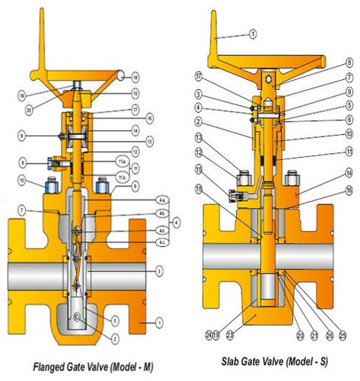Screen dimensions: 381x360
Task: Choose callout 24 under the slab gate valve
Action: (x=208, y=333)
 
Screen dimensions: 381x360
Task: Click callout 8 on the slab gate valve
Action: (x=349, y=61)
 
